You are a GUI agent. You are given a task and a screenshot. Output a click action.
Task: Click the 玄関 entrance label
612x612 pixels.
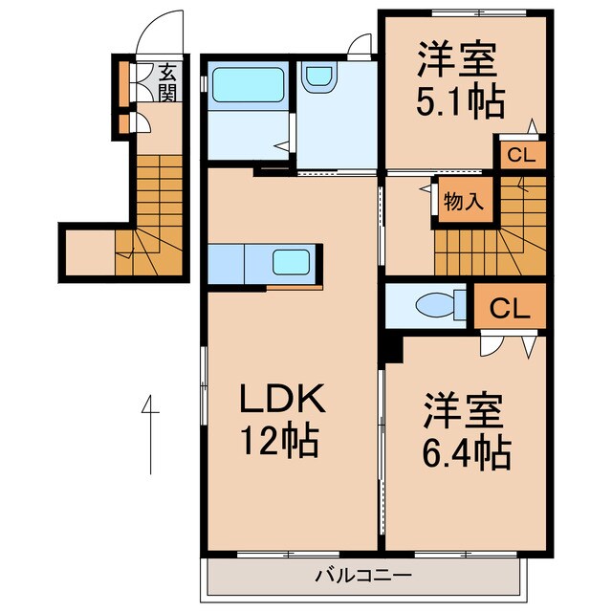167,82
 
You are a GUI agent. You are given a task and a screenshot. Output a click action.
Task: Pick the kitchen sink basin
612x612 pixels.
291,263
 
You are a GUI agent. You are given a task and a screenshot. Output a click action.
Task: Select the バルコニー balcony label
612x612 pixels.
363,575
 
